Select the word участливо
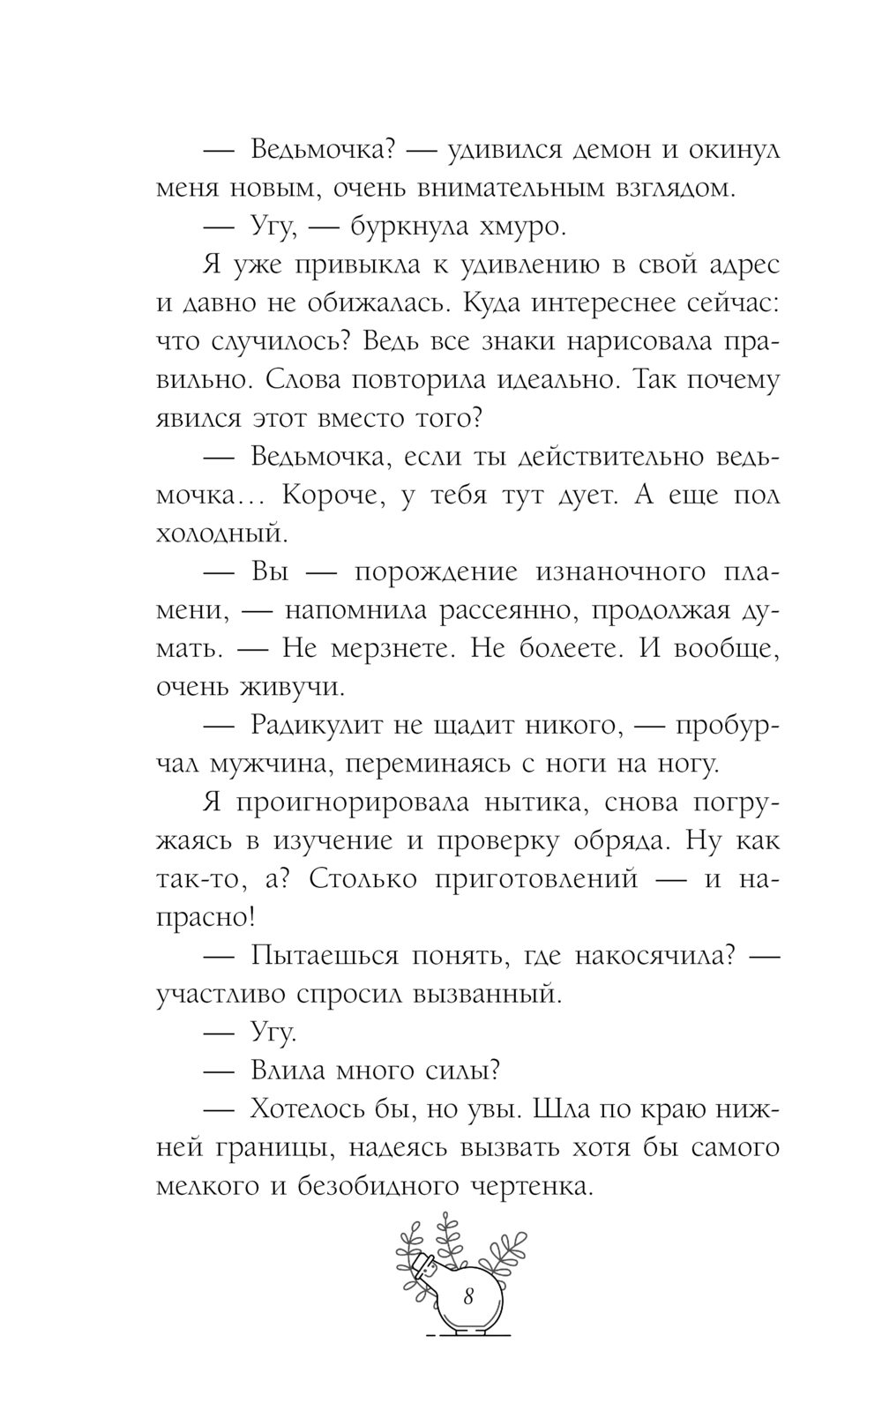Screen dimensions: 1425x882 [x=219, y=994]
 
